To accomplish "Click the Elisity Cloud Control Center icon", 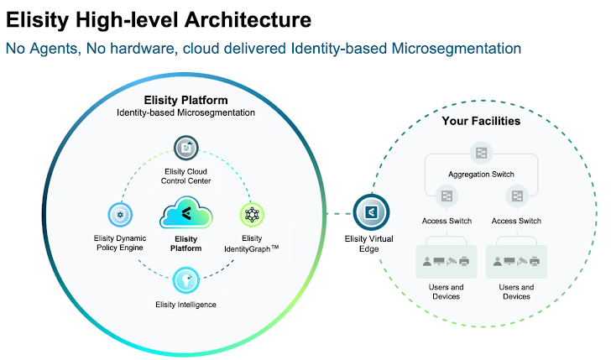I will click(x=185, y=149).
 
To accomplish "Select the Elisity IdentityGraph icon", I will click(x=251, y=215).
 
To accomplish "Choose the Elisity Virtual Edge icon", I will click(x=368, y=211).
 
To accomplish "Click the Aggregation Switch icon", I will click(x=482, y=153).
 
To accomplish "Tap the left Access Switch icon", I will click(x=446, y=196).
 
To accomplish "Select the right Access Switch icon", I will click(x=517, y=196).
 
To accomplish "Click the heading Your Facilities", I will click(x=481, y=122).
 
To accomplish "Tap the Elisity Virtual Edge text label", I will click(x=368, y=243).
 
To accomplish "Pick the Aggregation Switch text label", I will click(x=482, y=174).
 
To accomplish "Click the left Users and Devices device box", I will click(x=446, y=261).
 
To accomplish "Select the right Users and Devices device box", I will click(x=517, y=261).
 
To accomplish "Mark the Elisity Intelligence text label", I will click(x=185, y=304).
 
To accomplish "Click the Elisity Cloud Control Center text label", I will click(x=185, y=175).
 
